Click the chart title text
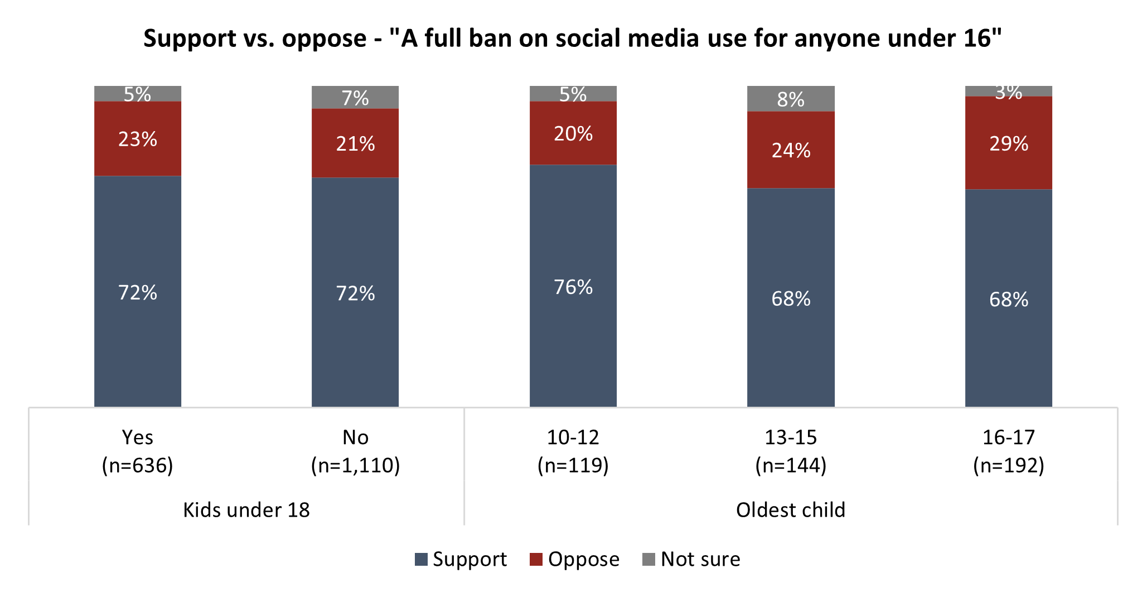click(573, 38)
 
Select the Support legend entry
click(461, 559)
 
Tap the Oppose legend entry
click(574, 559)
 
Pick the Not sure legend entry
click(691, 559)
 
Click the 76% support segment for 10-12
click(573, 286)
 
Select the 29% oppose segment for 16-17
click(1008, 143)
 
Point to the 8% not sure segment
click(791, 99)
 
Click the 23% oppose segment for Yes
click(137, 138)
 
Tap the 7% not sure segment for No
click(355, 98)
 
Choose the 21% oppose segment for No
click(355, 143)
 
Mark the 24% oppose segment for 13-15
click(791, 150)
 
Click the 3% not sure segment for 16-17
click(1008, 92)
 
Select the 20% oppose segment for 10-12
click(573, 133)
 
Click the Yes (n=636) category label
click(137, 451)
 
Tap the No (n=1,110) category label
click(355, 451)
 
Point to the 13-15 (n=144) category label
click(791, 451)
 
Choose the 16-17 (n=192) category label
click(1008, 451)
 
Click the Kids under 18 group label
click(246, 509)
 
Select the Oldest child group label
click(790, 509)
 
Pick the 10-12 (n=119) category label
click(573, 451)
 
